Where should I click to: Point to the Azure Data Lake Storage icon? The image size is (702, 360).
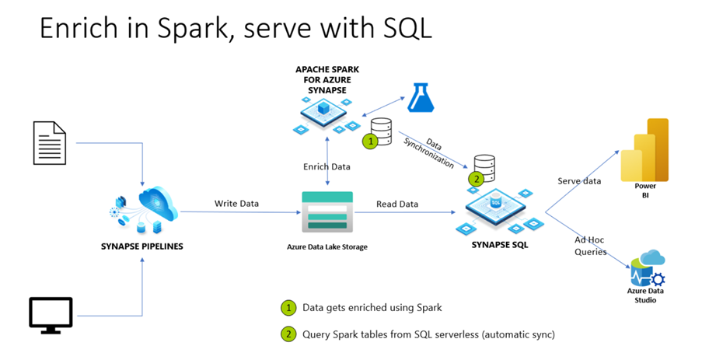327,211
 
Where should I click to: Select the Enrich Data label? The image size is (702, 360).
327,166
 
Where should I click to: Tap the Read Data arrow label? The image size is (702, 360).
396,204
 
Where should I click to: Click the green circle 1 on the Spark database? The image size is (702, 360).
372,142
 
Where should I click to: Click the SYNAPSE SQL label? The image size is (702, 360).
498,245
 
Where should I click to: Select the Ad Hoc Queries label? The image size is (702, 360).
590,246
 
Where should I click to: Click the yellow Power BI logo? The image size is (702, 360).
644,150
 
